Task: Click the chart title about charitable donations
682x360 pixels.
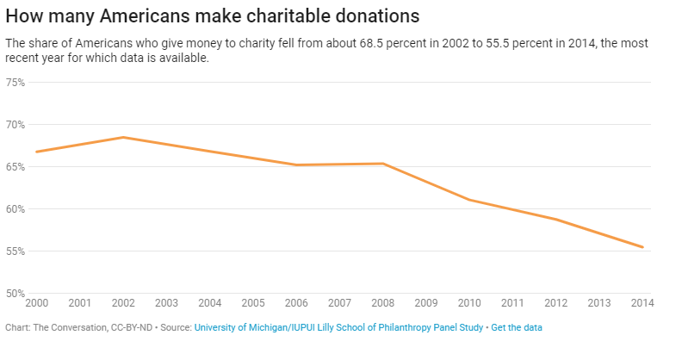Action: pos(213,16)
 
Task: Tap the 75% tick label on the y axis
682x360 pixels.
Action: pos(15,83)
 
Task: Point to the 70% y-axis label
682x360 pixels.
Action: pos(15,125)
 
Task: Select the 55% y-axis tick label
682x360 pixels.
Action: pos(15,251)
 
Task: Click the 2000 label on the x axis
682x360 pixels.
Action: pos(37,302)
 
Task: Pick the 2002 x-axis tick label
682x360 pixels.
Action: pos(123,302)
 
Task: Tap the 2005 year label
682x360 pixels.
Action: pos(253,302)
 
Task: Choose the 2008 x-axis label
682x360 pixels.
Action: pos(383,302)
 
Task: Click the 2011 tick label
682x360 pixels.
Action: pos(513,302)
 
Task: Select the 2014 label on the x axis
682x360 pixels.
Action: pos(642,302)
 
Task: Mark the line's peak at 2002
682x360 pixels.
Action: pos(124,137)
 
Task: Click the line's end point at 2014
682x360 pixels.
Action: pos(642,247)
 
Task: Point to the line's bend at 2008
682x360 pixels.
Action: pos(383,164)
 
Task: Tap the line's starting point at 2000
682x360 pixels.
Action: pos(37,152)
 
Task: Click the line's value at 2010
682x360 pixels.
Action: pos(469,200)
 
